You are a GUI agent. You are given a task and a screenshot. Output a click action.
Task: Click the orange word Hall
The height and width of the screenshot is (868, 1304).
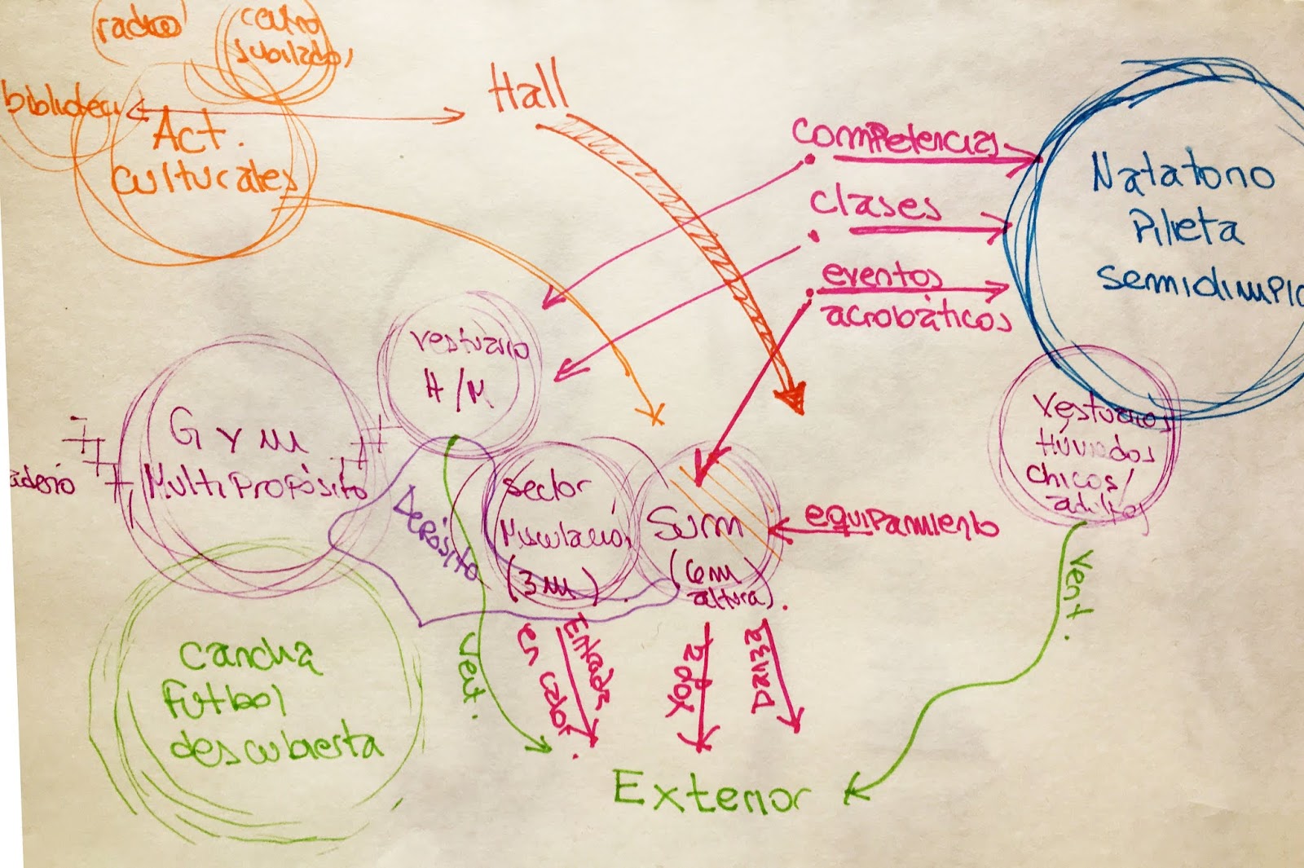(x=528, y=90)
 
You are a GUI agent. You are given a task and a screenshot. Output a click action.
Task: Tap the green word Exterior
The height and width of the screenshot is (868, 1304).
(x=711, y=791)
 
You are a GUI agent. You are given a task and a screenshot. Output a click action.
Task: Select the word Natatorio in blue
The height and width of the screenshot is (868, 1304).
(x=1182, y=174)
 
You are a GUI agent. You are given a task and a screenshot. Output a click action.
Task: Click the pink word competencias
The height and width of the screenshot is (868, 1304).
(x=894, y=137)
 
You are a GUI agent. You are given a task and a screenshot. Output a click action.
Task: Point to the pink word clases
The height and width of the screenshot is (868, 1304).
(x=874, y=204)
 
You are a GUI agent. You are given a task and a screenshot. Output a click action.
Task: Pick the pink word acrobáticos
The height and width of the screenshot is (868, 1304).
(x=917, y=316)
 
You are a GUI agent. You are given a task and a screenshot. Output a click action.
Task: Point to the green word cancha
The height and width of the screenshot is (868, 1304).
(x=249, y=657)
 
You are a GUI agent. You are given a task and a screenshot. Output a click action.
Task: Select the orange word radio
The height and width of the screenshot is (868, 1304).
(x=137, y=27)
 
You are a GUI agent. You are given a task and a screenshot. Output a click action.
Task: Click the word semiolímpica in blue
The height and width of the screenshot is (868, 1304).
(x=1198, y=281)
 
